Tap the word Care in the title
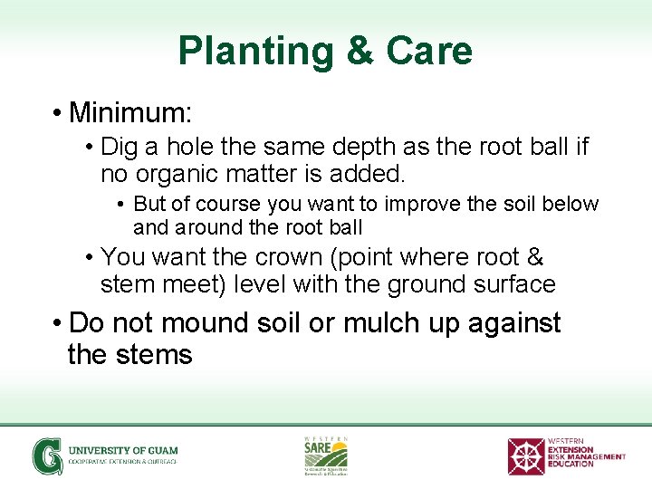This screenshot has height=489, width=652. tap(429, 51)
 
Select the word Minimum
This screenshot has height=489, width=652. tap(129, 113)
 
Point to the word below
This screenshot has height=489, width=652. tap(571, 204)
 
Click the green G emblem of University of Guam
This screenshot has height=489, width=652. tap(46, 455)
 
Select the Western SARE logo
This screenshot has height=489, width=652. tap(325, 455)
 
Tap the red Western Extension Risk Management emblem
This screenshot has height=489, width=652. tap(526, 455)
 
